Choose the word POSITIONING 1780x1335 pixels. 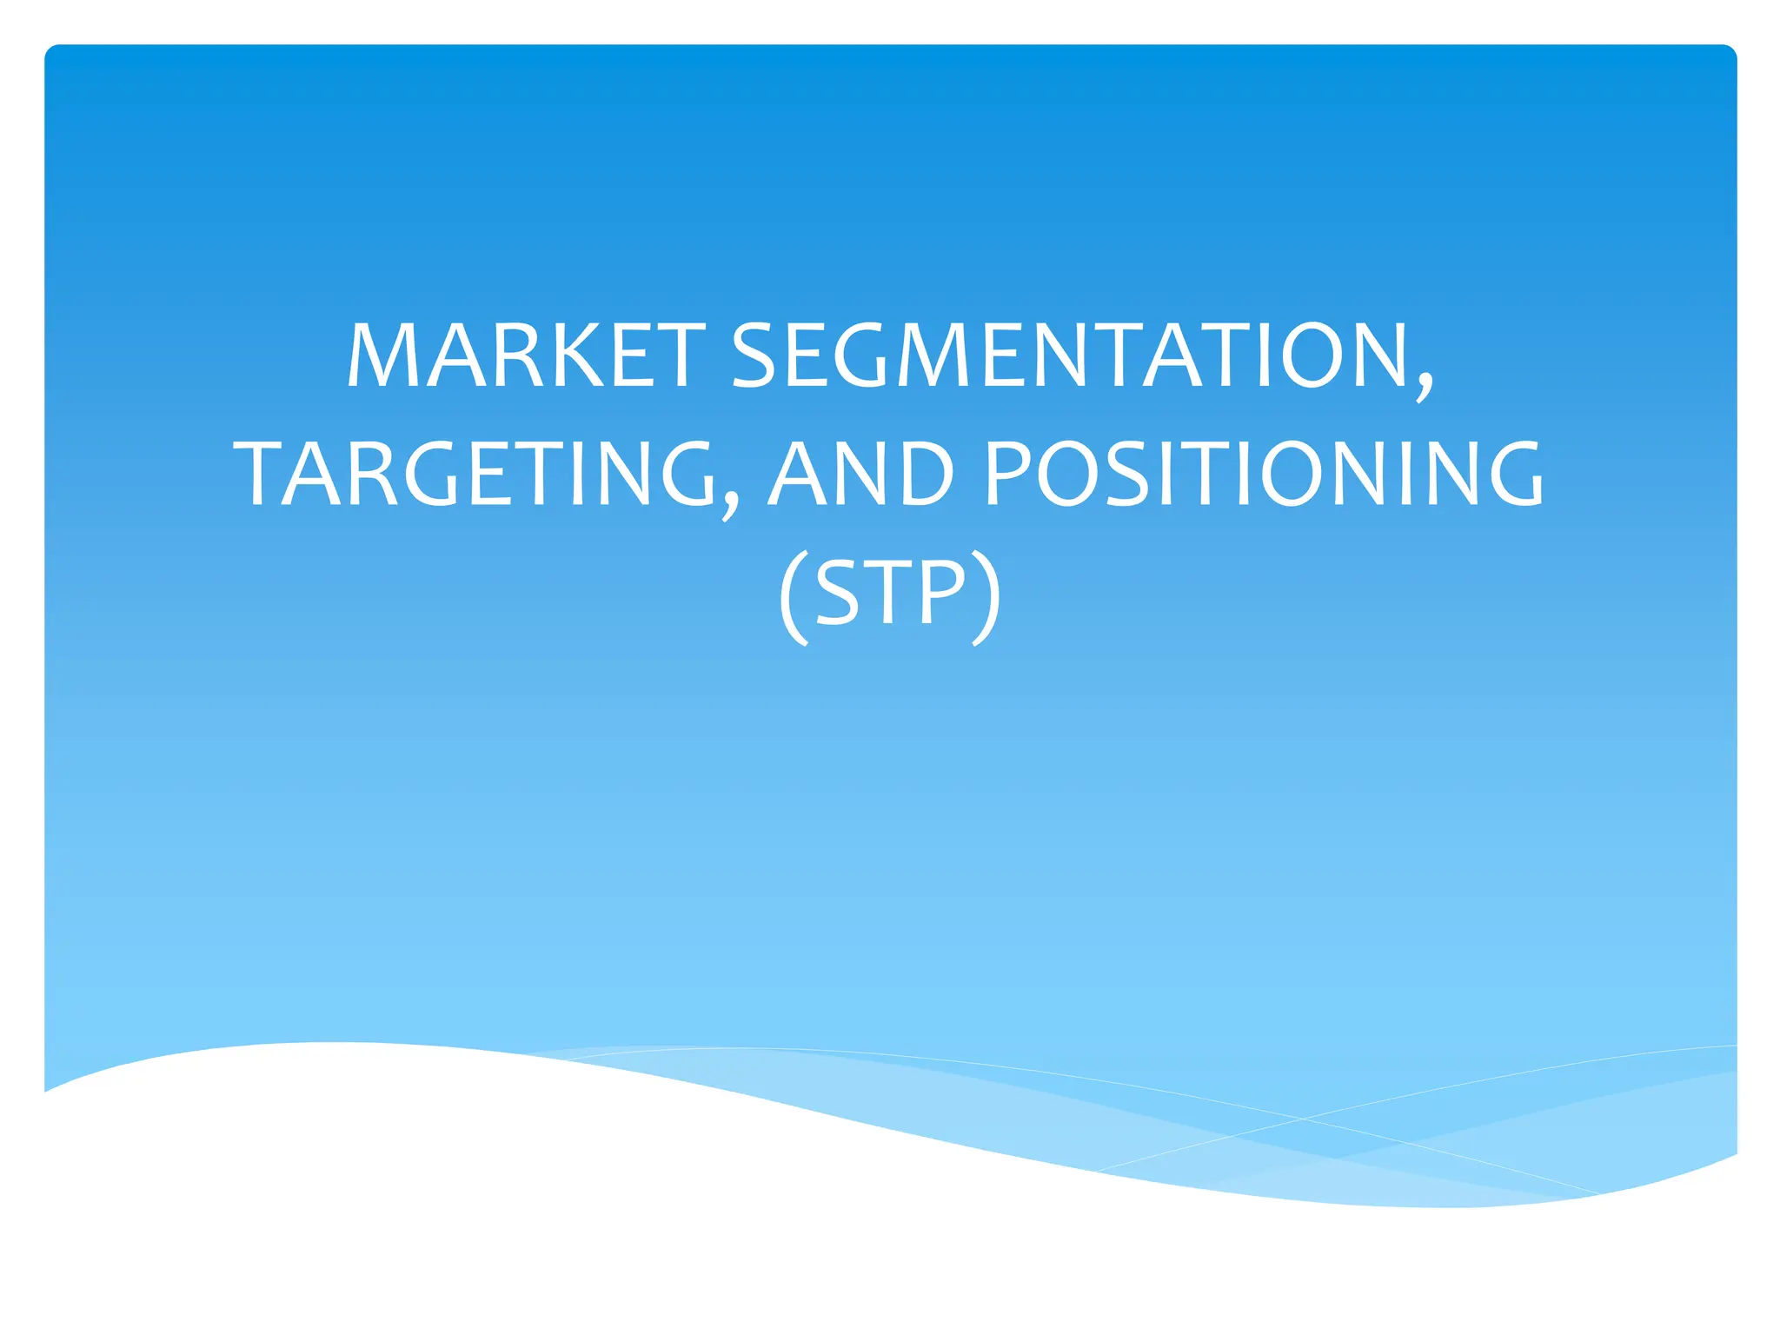point(1265,474)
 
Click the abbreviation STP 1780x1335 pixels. point(891,593)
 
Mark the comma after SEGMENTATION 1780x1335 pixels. point(1424,382)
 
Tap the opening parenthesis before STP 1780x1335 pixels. point(794,596)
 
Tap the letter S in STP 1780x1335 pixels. point(838,593)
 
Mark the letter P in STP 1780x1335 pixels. point(940,593)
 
